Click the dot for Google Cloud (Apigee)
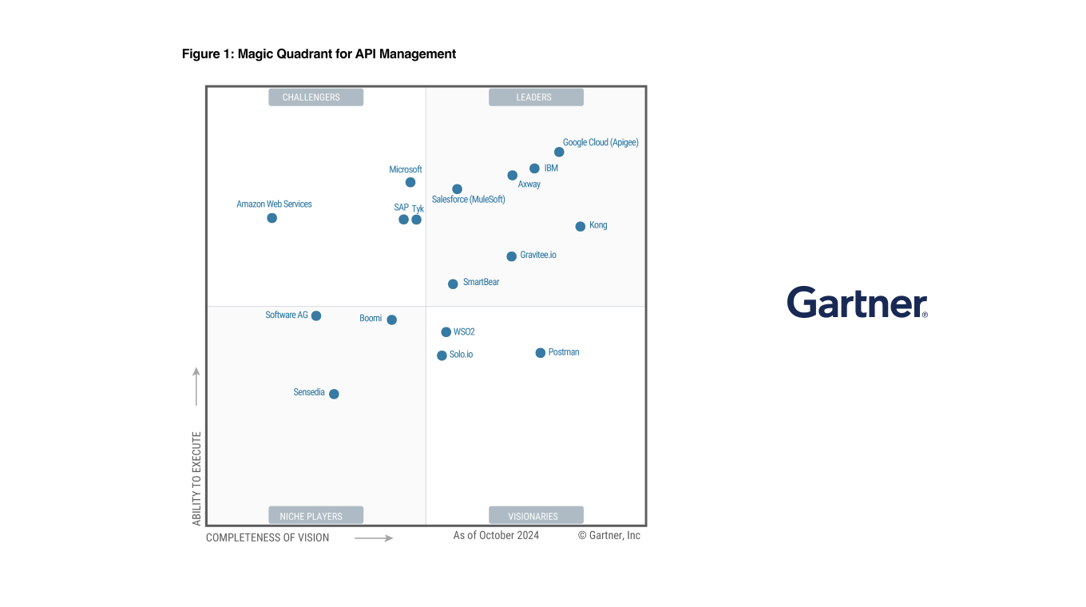click(x=559, y=152)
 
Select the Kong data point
click(x=581, y=226)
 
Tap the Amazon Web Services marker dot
click(x=271, y=218)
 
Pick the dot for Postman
click(x=541, y=353)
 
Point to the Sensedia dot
click(x=334, y=394)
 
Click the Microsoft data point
click(x=410, y=182)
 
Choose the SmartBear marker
click(x=453, y=284)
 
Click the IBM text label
click(x=551, y=169)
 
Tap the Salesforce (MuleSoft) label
click(x=469, y=200)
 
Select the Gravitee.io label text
click(x=538, y=255)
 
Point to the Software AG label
click(x=287, y=315)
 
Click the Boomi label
click(x=371, y=318)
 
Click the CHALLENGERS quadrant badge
click(x=315, y=97)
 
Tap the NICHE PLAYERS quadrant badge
click(x=315, y=516)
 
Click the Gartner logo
click(x=857, y=303)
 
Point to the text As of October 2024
click(x=496, y=535)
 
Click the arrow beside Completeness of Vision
click(x=374, y=538)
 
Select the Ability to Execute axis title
click(x=197, y=478)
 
